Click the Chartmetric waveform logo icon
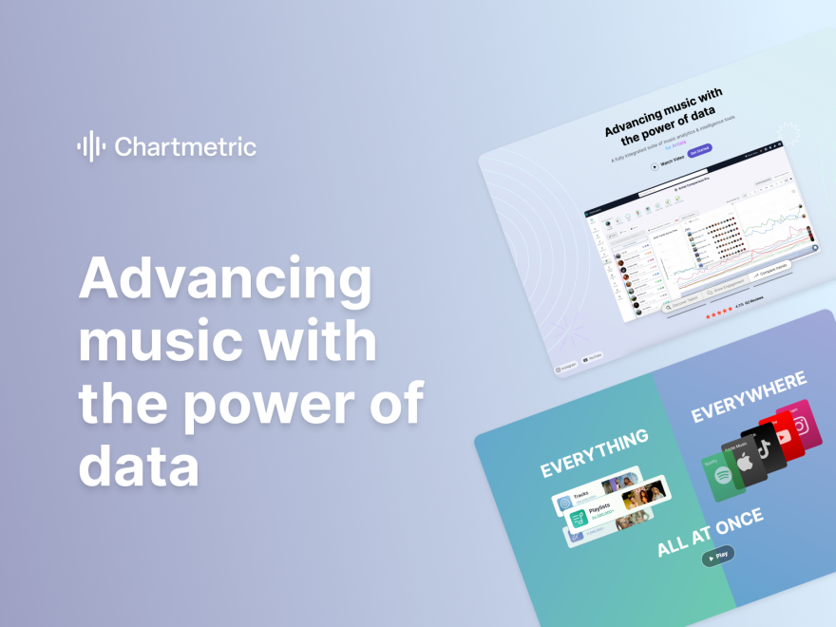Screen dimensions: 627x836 [91, 146]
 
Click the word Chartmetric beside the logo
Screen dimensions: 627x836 [185, 147]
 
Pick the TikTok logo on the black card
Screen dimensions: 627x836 [764, 448]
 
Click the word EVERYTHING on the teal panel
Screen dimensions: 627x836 [595, 453]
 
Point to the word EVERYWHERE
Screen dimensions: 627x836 [749, 396]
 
